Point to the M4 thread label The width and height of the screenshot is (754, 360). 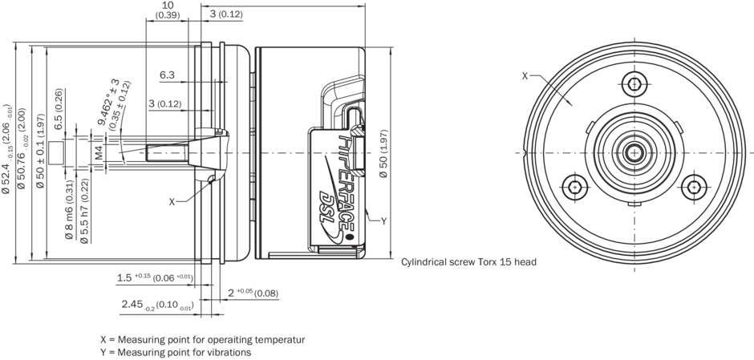click(x=98, y=153)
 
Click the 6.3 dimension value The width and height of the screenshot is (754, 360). click(x=167, y=75)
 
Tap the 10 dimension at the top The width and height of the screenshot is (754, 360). click(x=167, y=5)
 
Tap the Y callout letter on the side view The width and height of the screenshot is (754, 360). click(x=383, y=220)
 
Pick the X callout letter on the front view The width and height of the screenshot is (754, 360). click(x=525, y=76)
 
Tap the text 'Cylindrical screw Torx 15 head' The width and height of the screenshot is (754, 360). click(x=468, y=262)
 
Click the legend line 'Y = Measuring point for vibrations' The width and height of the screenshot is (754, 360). click(x=176, y=352)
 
